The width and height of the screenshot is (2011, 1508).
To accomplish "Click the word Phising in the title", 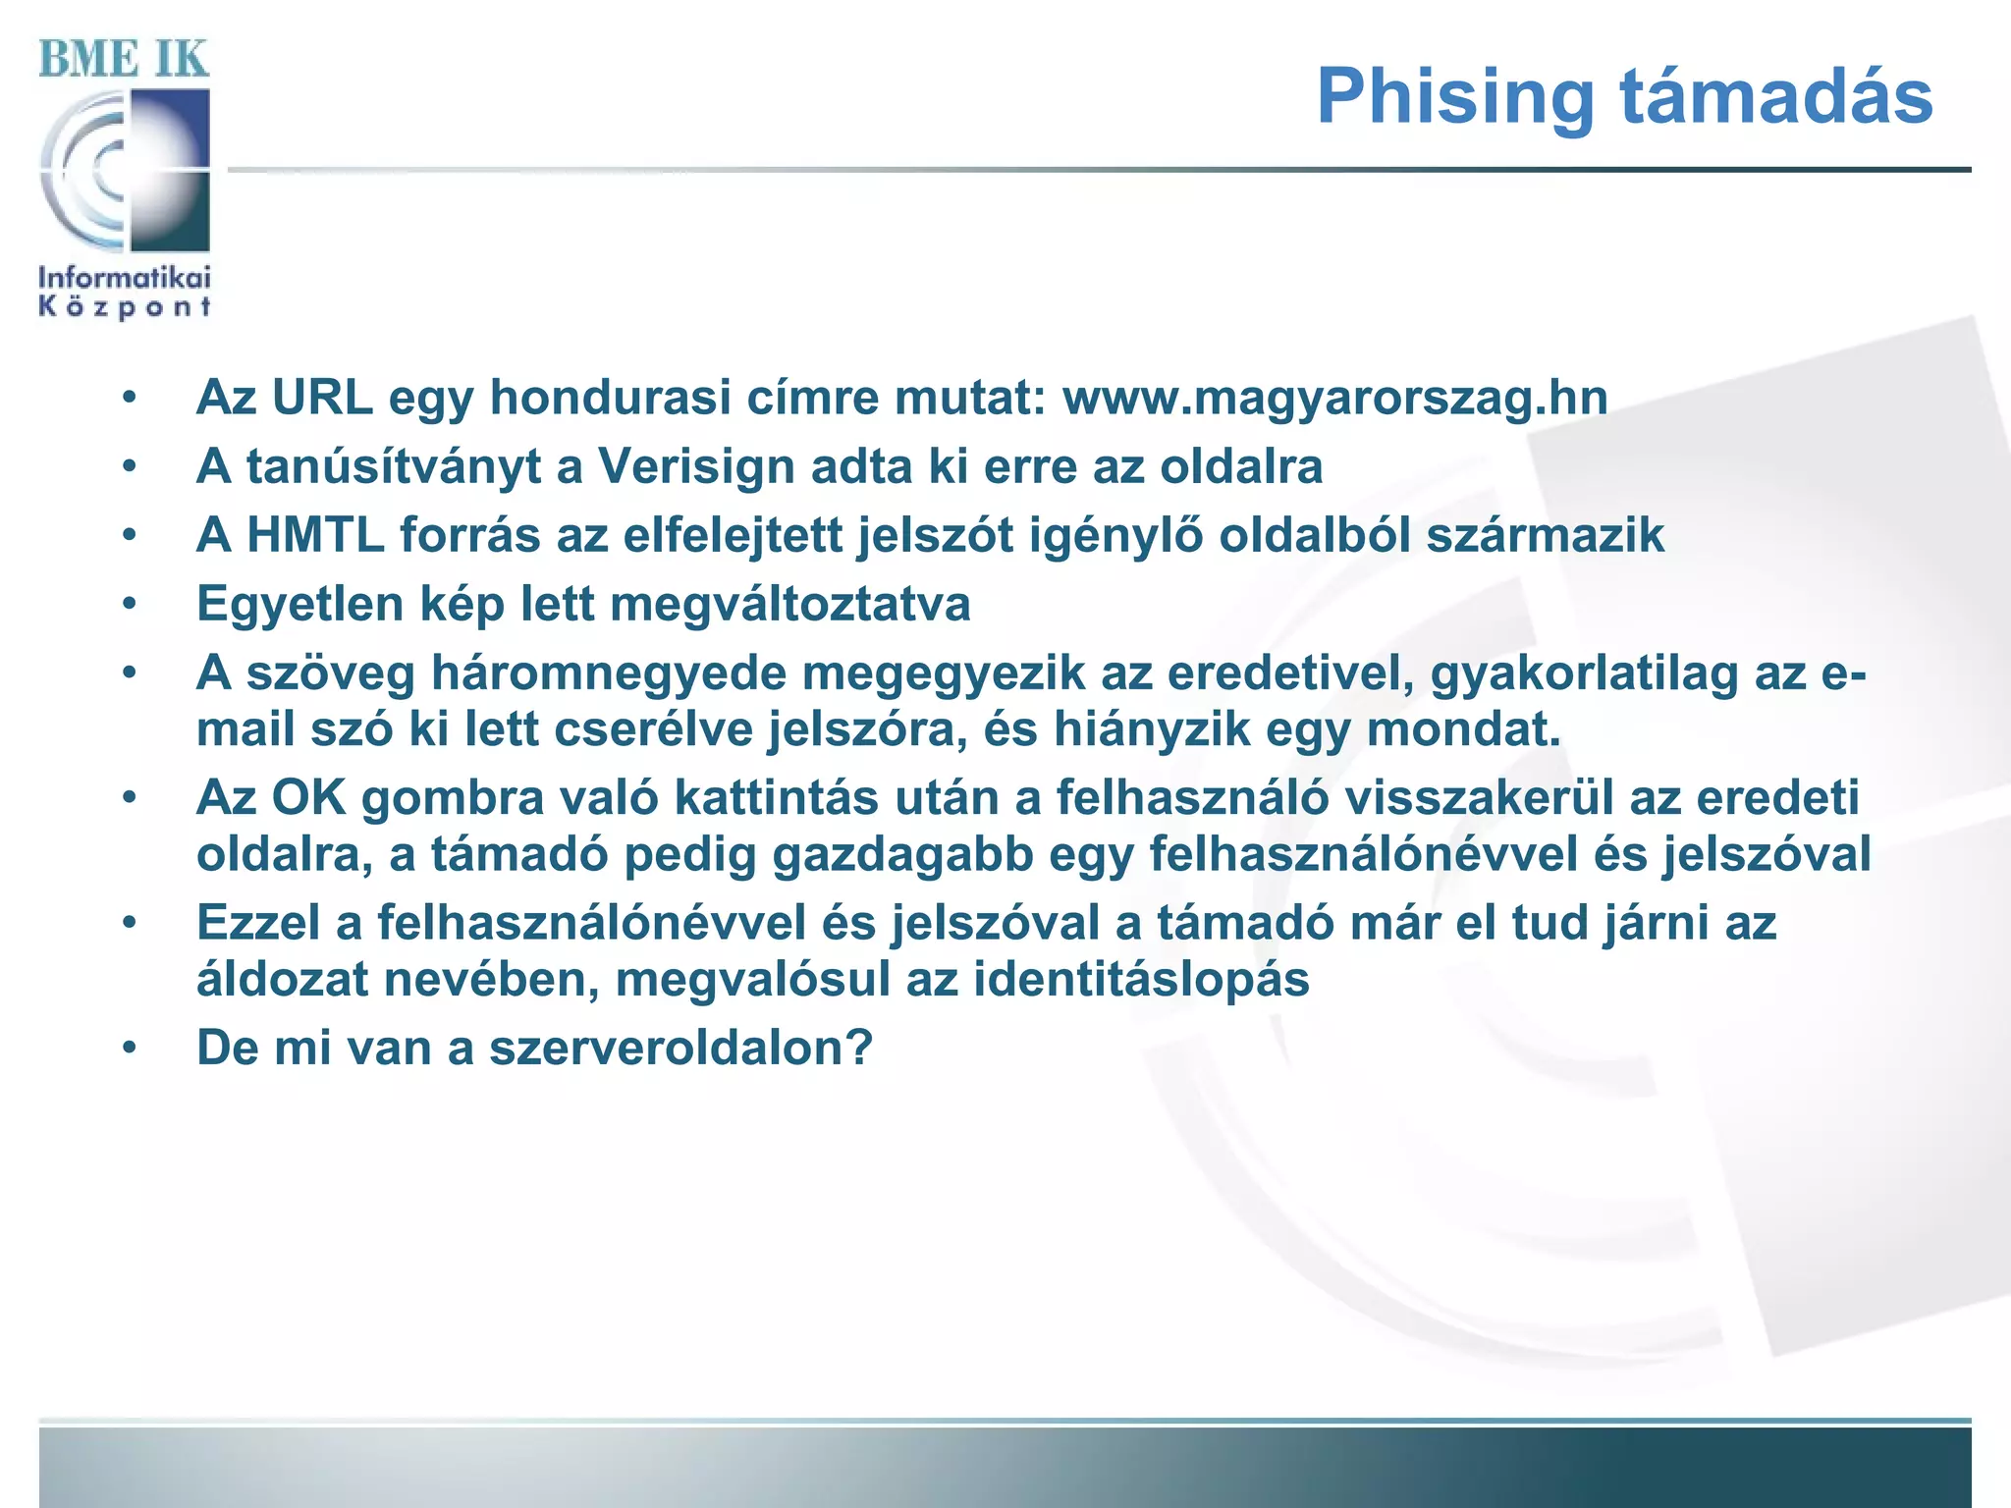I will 1455,97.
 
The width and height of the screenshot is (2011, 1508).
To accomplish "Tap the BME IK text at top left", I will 124,59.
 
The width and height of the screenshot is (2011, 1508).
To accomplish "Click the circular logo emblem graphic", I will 125,171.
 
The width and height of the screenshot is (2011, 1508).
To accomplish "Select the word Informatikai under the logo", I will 125,278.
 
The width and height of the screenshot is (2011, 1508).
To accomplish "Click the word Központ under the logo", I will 125,307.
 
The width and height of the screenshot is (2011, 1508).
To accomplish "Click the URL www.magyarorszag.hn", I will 1334,398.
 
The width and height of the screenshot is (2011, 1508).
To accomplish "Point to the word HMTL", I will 314,535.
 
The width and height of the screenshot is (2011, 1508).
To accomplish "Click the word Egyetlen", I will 299,604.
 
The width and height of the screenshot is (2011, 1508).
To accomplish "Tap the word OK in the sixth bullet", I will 308,797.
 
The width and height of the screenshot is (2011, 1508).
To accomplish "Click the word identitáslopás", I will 1141,980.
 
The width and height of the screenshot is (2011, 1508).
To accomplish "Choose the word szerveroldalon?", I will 680,1048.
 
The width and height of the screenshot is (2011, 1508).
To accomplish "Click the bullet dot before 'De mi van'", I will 130,1048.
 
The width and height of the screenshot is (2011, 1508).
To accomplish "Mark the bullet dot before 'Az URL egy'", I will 130,398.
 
